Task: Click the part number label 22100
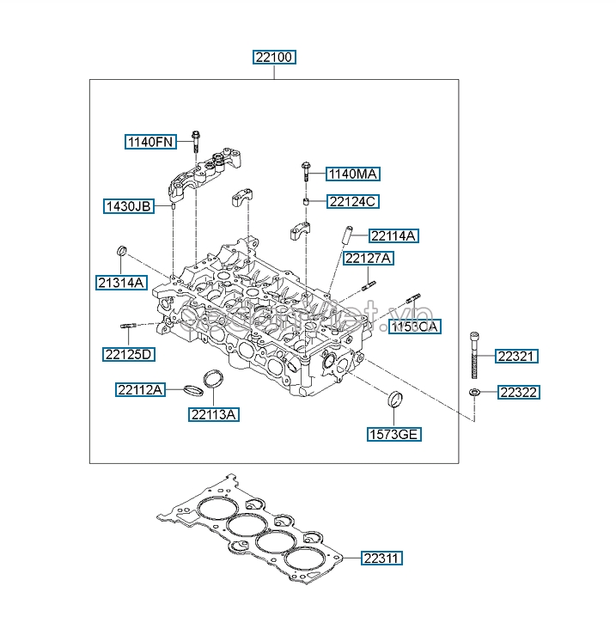pyautogui.click(x=274, y=58)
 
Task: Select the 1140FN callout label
pyautogui.click(x=149, y=142)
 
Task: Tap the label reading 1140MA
pyautogui.click(x=354, y=174)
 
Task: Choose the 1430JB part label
pyautogui.click(x=128, y=206)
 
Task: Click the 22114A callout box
pyautogui.click(x=394, y=235)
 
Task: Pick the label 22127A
pyautogui.click(x=369, y=258)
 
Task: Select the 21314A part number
pyautogui.click(x=121, y=282)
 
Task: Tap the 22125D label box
pyautogui.click(x=129, y=353)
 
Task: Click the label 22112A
pyautogui.click(x=140, y=389)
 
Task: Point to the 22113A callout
pyautogui.click(x=214, y=414)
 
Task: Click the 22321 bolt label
pyautogui.click(x=518, y=357)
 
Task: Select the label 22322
pyautogui.click(x=518, y=393)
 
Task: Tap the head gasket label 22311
pyautogui.click(x=381, y=558)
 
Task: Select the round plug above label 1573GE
pyautogui.click(x=396, y=398)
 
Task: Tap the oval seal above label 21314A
pyautogui.click(x=122, y=250)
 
